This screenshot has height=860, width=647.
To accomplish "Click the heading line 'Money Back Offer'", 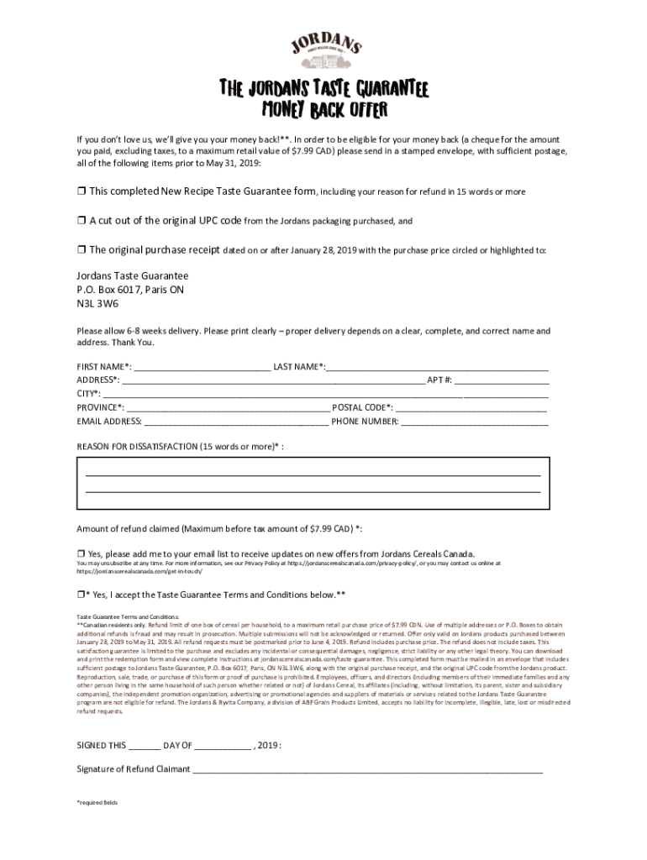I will point(323,110).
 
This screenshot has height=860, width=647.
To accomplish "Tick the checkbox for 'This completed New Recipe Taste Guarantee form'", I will point(82,191).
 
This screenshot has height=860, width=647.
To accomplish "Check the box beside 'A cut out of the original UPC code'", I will point(82,221).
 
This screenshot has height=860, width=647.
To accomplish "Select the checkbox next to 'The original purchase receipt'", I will point(82,250).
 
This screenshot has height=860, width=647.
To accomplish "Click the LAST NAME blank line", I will point(437,366).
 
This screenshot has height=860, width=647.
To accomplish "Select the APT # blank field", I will point(502,380).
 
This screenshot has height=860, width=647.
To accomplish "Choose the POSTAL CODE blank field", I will point(471,407).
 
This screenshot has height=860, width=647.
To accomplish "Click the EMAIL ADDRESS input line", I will point(236,422).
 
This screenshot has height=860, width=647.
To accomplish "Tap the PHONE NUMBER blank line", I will point(475,422).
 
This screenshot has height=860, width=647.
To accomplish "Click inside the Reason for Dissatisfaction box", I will point(313,483).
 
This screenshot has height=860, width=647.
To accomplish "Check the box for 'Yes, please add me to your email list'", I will point(82,554).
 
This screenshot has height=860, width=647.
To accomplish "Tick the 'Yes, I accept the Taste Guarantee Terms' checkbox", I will point(82,595).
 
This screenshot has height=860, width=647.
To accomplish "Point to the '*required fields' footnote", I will point(97,803).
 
